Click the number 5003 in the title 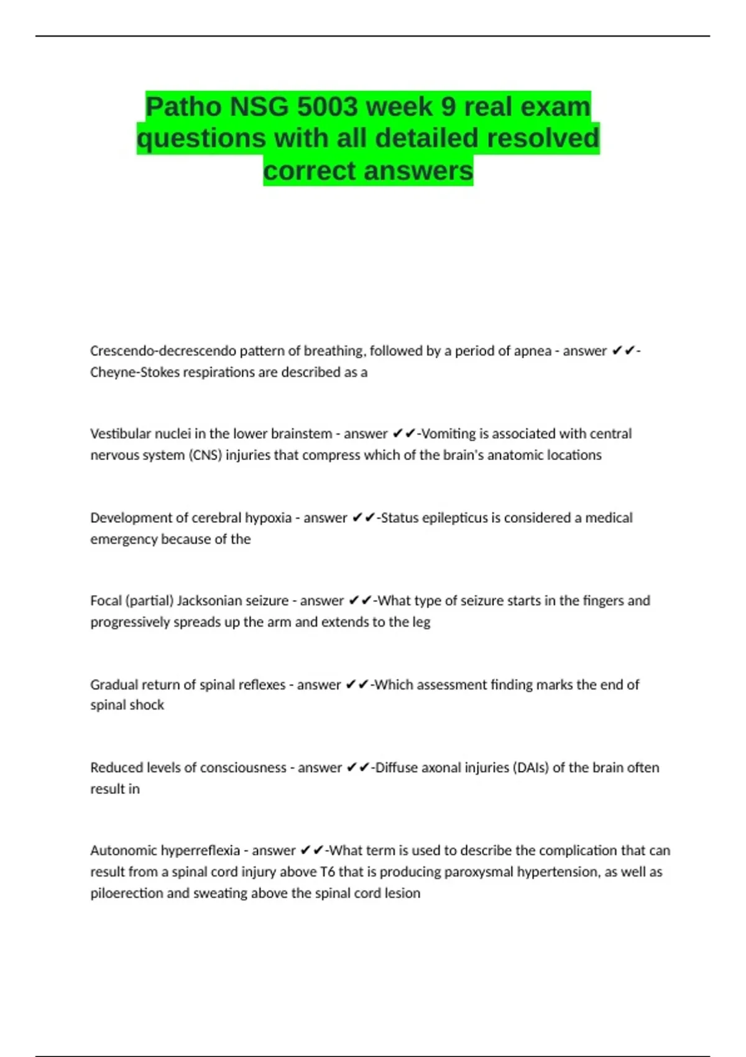[326, 107]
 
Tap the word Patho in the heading [183, 107]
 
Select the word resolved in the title [543, 138]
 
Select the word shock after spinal [147, 704]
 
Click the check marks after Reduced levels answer [357, 767]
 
